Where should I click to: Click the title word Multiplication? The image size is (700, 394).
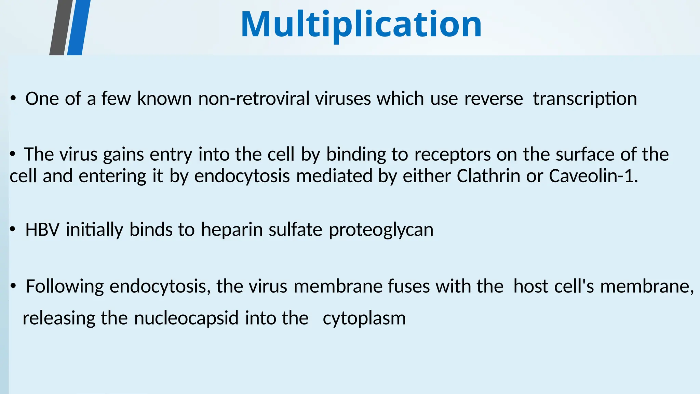(361, 25)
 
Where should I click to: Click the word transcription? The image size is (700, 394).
(585, 99)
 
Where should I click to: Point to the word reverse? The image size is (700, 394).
(493, 99)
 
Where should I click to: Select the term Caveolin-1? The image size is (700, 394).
(593, 176)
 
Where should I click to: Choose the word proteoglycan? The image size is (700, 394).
(381, 230)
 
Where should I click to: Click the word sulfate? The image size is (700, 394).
(295, 229)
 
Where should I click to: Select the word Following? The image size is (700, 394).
(65, 287)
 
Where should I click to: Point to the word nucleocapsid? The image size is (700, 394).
(186, 318)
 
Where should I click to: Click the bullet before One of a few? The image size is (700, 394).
(13, 99)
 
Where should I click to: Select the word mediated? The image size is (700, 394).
(334, 176)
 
